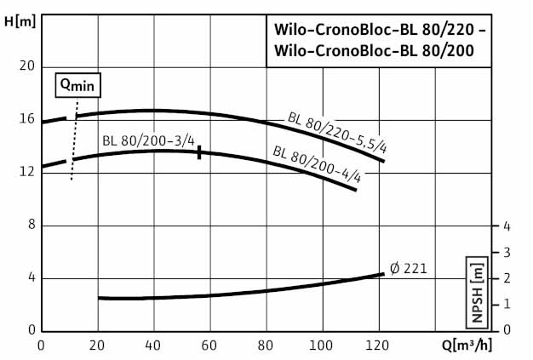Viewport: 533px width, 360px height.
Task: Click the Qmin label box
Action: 77,84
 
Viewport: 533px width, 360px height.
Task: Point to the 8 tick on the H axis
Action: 31,225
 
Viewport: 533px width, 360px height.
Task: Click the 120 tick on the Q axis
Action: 378,346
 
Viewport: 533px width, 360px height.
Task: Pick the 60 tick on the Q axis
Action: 209,346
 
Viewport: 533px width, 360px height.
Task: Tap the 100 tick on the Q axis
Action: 322,346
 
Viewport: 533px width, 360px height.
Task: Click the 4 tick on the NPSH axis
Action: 507,226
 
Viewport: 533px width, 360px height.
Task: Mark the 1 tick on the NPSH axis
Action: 507,304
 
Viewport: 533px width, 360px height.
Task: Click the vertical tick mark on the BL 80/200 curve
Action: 199,152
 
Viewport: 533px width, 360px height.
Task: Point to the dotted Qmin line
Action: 74,136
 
